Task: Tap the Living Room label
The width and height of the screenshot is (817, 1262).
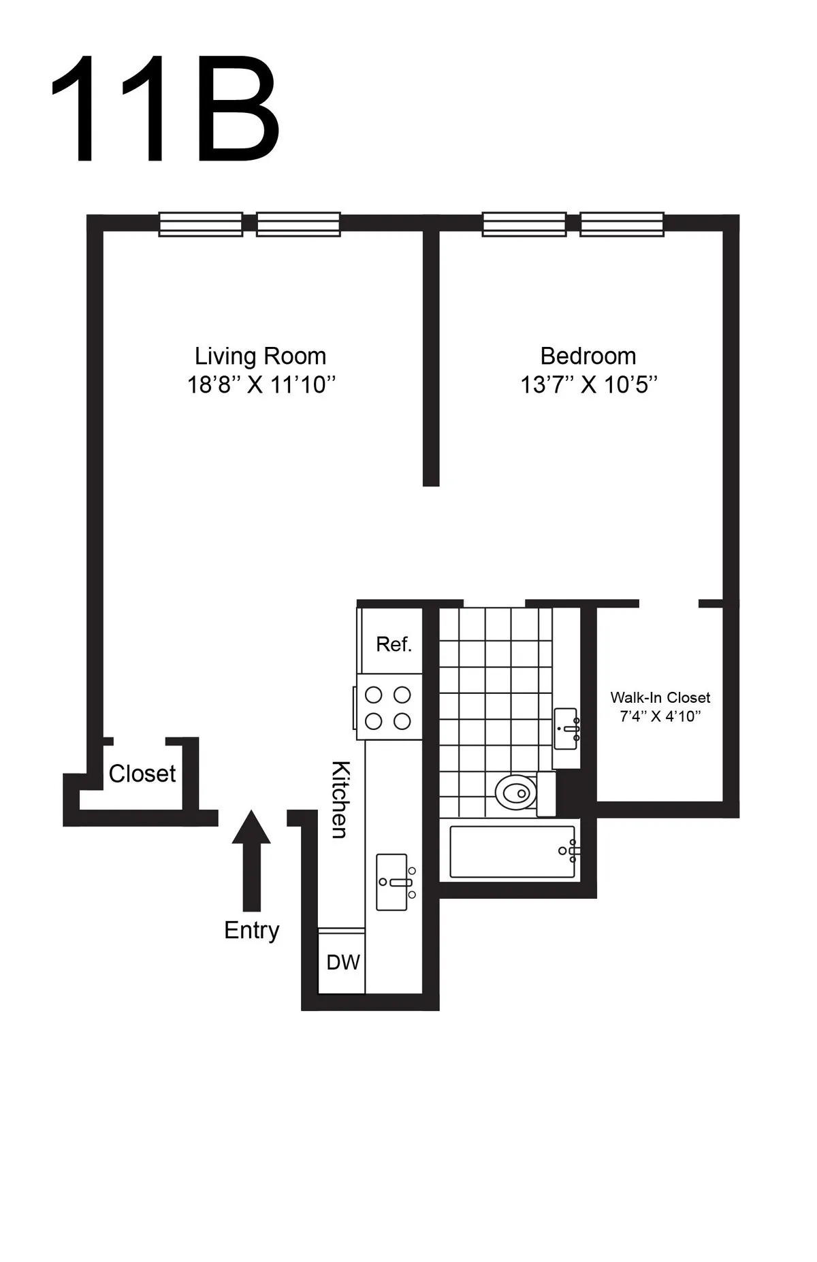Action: pyautogui.click(x=261, y=356)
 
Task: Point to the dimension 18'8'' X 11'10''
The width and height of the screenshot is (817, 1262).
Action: pyautogui.click(x=262, y=385)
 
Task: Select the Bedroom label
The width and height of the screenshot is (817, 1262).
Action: pyautogui.click(x=588, y=356)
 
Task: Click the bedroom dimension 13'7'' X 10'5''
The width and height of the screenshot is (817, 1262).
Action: pyautogui.click(x=589, y=385)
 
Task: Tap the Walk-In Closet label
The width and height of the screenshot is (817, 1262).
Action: pyautogui.click(x=660, y=697)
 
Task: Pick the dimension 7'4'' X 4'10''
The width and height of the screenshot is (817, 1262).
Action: pyautogui.click(x=660, y=716)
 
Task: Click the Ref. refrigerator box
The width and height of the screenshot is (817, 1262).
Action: pyautogui.click(x=393, y=644)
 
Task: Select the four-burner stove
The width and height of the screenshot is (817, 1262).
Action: pyautogui.click(x=388, y=708)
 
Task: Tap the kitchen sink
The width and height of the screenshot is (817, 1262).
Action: pyautogui.click(x=393, y=882)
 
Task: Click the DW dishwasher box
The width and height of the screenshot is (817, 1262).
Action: pyautogui.click(x=342, y=962)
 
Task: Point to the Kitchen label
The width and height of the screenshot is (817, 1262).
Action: pyautogui.click(x=340, y=799)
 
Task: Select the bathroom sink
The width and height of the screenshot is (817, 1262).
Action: pyautogui.click(x=566, y=729)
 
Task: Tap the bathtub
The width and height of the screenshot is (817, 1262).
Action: pyautogui.click(x=512, y=852)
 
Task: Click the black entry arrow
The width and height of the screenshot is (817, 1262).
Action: pyautogui.click(x=251, y=859)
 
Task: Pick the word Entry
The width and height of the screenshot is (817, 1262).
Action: pyautogui.click(x=252, y=931)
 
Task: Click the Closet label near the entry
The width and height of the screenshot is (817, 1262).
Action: pyautogui.click(x=142, y=774)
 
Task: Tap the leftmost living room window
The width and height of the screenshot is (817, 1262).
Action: pyautogui.click(x=200, y=225)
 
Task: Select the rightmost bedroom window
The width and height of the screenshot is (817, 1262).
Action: pyautogui.click(x=622, y=225)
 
